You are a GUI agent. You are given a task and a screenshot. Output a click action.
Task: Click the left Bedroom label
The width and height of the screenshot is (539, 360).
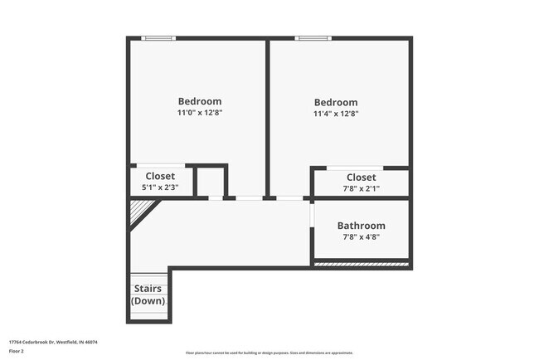click(x=200, y=101)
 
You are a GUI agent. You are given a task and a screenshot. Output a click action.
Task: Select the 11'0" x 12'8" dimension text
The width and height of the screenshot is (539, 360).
click(x=200, y=112)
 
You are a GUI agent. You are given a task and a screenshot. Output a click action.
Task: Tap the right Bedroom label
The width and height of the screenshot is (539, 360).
click(x=335, y=102)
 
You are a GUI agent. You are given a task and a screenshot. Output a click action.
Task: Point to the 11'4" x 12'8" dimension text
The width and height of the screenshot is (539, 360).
click(x=335, y=114)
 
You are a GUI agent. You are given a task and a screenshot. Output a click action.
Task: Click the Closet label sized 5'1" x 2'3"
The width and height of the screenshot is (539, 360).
click(x=160, y=176)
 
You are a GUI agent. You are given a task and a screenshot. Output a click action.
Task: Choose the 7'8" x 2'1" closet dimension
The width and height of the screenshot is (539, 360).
click(x=361, y=188)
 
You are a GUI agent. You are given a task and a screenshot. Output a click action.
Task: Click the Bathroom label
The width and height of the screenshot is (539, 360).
click(x=361, y=226)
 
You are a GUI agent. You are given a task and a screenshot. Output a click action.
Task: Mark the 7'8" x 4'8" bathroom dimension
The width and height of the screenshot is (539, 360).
click(x=361, y=237)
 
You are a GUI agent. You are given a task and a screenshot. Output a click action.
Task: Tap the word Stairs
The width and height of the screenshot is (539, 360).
click(x=148, y=289)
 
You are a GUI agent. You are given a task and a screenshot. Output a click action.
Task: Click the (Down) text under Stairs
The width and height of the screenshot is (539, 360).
click(x=148, y=300)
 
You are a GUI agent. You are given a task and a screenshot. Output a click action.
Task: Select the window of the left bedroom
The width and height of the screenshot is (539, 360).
click(x=158, y=37)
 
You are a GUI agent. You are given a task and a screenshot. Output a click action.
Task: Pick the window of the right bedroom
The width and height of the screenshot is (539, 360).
click(x=313, y=37)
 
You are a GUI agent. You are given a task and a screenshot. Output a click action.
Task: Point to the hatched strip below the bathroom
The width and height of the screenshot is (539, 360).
click(x=361, y=265)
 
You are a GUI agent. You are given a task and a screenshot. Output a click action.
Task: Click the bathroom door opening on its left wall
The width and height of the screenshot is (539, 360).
click(x=312, y=213)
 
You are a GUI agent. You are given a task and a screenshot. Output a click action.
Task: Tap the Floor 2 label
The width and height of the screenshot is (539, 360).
click(x=17, y=351)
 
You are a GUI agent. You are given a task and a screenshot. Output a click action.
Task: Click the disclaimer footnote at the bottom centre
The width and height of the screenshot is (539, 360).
click(x=269, y=352)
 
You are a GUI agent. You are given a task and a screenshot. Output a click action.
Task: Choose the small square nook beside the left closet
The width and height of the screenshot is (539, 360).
click(x=211, y=182)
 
